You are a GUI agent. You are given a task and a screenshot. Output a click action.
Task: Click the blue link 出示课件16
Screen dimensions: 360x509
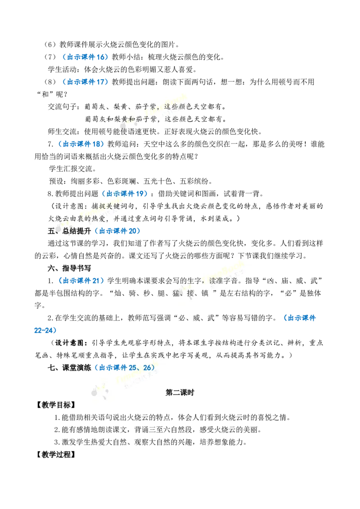(x=86, y=57)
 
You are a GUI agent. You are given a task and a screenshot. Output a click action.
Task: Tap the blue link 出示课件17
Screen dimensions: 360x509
(x=86, y=82)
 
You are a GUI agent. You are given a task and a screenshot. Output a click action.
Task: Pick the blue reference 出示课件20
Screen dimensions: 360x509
(x=117, y=231)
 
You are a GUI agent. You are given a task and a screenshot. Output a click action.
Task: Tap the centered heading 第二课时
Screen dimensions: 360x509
(x=180, y=393)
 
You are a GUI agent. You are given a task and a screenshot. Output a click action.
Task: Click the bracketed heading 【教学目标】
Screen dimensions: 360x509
(x=56, y=405)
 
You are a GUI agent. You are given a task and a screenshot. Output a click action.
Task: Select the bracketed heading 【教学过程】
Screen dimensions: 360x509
(x=56, y=455)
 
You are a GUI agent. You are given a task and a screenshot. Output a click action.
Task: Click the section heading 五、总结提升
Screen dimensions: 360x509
(x=69, y=231)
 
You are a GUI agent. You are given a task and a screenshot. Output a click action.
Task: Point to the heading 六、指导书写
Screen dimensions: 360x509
(x=69, y=268)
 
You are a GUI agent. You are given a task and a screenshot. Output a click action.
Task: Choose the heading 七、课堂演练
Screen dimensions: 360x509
(x=69, y=368)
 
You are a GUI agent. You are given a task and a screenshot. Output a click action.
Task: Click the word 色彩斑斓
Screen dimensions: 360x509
(x=121, y=182)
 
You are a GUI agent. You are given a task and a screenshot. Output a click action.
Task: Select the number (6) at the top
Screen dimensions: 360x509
(x=50, y=45)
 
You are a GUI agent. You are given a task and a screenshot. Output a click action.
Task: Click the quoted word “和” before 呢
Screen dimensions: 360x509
(x=45, y=94)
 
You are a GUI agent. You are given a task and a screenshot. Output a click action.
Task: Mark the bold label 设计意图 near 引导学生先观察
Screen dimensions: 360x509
(x=70, y=343)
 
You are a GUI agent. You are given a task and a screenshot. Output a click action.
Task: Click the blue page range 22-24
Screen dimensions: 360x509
(x=44, y=330)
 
